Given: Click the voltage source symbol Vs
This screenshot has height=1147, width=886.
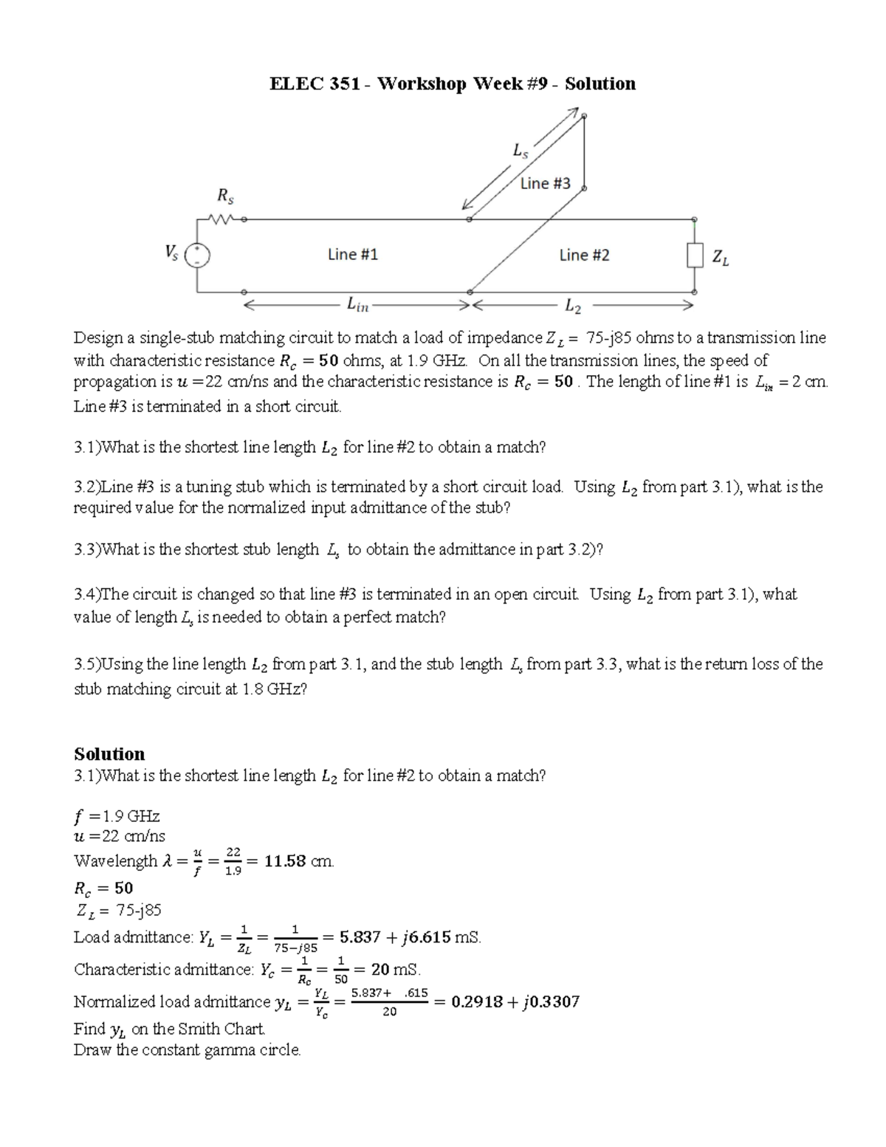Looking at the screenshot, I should tap(198, 255).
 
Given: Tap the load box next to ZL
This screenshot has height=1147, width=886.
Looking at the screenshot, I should tap(694, 256).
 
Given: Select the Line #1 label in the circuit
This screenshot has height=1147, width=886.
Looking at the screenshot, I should tap(352, 255).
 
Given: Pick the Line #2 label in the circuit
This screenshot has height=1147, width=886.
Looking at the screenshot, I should tap(584, 256).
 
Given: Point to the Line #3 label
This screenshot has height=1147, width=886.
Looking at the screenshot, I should tap(545, 183).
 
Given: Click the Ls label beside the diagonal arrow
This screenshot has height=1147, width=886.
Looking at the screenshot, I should tap(521, 151).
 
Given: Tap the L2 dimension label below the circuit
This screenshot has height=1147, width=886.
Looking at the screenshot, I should tap(573, 304).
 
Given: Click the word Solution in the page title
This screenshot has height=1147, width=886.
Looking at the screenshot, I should tap(600, 83).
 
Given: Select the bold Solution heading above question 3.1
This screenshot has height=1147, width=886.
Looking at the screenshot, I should tap(109, 754).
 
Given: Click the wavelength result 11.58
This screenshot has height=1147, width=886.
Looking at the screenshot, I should tap(284, 861).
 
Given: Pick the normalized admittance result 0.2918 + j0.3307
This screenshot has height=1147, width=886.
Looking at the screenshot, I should tap(515, 1002).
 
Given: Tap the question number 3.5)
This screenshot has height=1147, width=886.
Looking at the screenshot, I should tap(87, 665).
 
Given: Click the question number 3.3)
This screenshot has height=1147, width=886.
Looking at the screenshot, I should tap(87, 549).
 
